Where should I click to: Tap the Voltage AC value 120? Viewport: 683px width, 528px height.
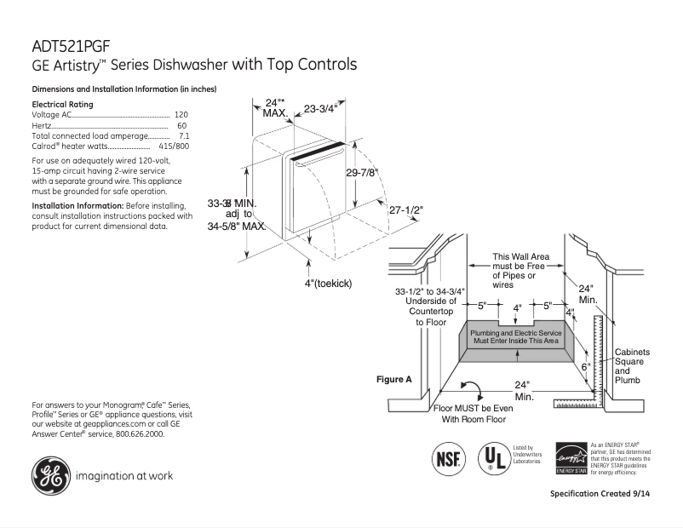[181, 114]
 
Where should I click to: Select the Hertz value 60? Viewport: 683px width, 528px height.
[182, 125]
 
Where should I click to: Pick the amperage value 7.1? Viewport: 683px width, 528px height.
[183, 135]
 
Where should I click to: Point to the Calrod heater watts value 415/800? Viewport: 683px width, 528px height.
[174, 146]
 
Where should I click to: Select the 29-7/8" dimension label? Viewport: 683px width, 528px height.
[362, 172]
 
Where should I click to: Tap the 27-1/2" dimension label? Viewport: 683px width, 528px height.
[406, 209]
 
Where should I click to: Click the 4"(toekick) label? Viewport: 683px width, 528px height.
[329, 283]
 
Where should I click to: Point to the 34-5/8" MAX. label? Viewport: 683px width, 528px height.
[237, 227]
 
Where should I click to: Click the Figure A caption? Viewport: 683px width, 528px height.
[394, 379]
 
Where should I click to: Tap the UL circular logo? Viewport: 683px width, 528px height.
[493, 457]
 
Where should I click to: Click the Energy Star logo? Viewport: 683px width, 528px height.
[571, 458]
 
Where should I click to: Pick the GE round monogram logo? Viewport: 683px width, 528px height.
[51, 475]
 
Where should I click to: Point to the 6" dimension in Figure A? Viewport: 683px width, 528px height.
[585, 366]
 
